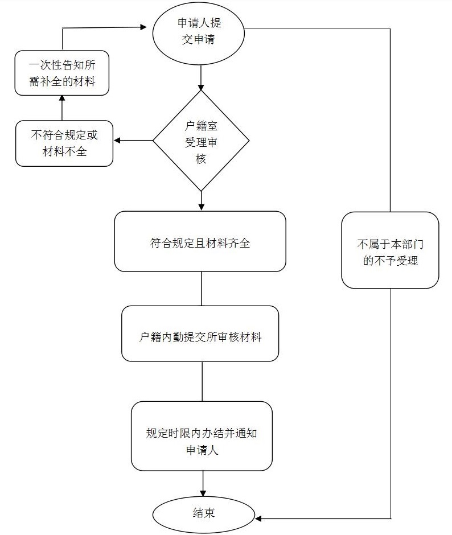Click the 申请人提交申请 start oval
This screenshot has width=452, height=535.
click(x=199, y=32)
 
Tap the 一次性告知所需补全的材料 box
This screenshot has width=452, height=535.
click(x=61, y=73)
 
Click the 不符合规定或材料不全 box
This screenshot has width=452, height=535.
click(x=64, y=143)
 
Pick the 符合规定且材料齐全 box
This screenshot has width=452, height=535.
click(x=200, y=241)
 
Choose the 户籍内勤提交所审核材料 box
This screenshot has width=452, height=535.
click(x=200, y=334)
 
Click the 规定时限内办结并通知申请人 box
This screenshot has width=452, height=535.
click(x=202, y=436)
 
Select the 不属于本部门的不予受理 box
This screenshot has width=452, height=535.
click(x=390, y=250)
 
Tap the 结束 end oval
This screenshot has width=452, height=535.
click(x=203, y=515)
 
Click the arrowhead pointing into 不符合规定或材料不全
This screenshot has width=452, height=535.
click(x=117, y=141)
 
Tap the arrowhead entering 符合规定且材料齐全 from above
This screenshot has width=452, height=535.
click(x=201, y=207)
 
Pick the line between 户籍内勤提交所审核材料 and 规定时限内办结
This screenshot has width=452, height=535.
click(x=202, y=381)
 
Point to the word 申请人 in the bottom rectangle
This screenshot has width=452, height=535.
click(x=203, y=450)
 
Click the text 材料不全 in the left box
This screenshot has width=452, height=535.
click(x=64, y=151)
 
